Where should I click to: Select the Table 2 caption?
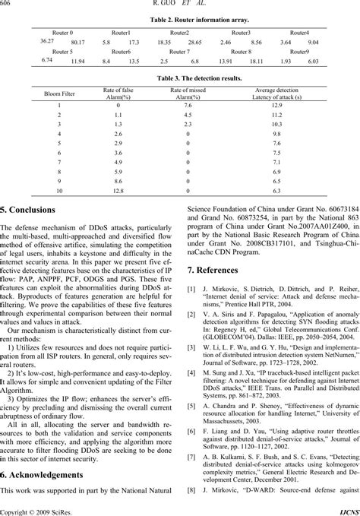point(179,20)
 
